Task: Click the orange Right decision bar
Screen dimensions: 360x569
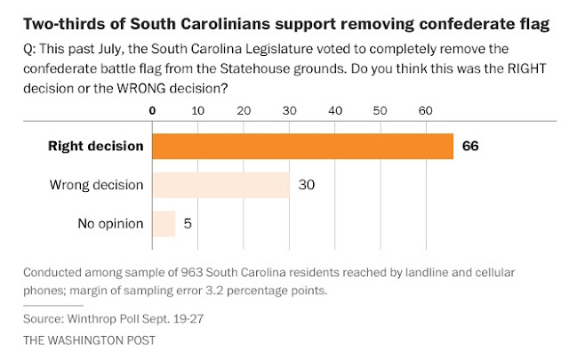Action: [x=302, y=146]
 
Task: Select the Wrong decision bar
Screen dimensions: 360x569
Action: [x=221, y=185]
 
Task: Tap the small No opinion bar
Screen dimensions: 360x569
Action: [x=164, y=223]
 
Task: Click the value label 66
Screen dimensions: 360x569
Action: [x=469, y=146]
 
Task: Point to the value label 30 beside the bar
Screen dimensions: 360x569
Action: [x=307, y=185]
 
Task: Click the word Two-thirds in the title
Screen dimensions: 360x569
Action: [x=52, y=16]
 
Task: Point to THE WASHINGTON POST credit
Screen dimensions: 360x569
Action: [x=76, y=340]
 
